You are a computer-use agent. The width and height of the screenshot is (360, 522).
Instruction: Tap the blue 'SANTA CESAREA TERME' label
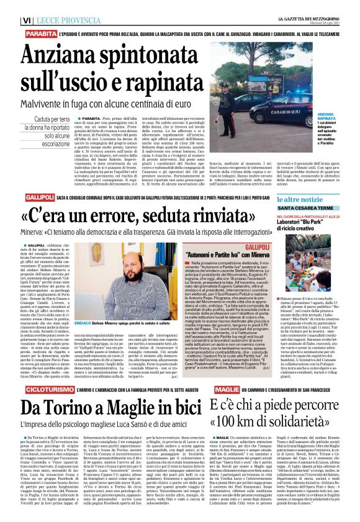(310, 191)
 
